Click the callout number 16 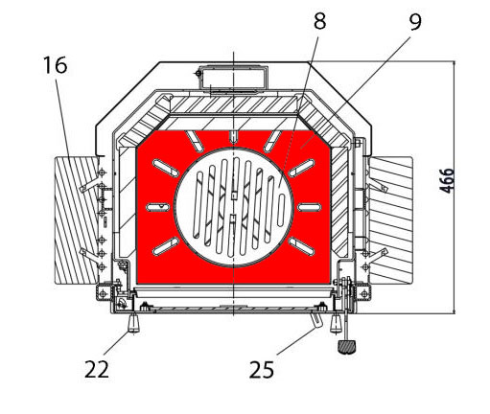click(x=56, y=65)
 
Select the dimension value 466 click(x=448, y=181)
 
